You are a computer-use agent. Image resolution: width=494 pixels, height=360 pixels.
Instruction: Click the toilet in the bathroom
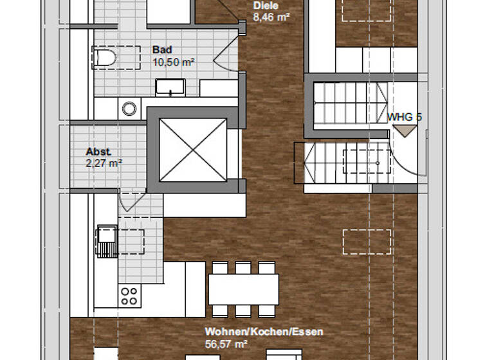click(x=104, y=58)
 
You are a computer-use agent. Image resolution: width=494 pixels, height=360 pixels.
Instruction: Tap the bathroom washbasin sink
click(x=170, y=87)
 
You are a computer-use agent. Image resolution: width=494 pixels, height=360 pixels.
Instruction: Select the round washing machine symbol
click(x=129, y=108)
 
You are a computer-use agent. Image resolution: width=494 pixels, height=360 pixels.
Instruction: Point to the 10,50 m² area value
click(x=174, y=62)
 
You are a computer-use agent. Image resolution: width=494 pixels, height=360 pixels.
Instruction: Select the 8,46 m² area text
click(x=271, y=17)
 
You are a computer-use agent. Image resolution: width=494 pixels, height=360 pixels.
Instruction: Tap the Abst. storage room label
click(x=98, y=152)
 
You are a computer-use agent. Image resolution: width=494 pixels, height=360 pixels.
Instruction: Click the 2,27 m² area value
click(x=104, y=163)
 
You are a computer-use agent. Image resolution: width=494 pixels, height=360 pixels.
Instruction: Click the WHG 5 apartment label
click(x=404, y=118)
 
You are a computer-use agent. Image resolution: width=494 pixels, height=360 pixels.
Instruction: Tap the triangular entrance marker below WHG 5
click(x=405, y=130)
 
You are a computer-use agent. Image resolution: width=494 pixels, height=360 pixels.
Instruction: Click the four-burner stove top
click(x=129, y=295)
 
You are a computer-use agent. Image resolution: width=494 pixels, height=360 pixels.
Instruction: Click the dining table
click(x=244, y=289)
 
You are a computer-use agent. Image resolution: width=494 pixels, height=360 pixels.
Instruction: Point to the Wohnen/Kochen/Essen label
click(x=264, y=332)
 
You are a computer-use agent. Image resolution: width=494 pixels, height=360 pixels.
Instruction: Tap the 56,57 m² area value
click(x=226, y=345)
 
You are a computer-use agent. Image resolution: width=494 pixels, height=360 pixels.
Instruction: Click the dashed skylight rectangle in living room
click(x=367, y=242)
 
